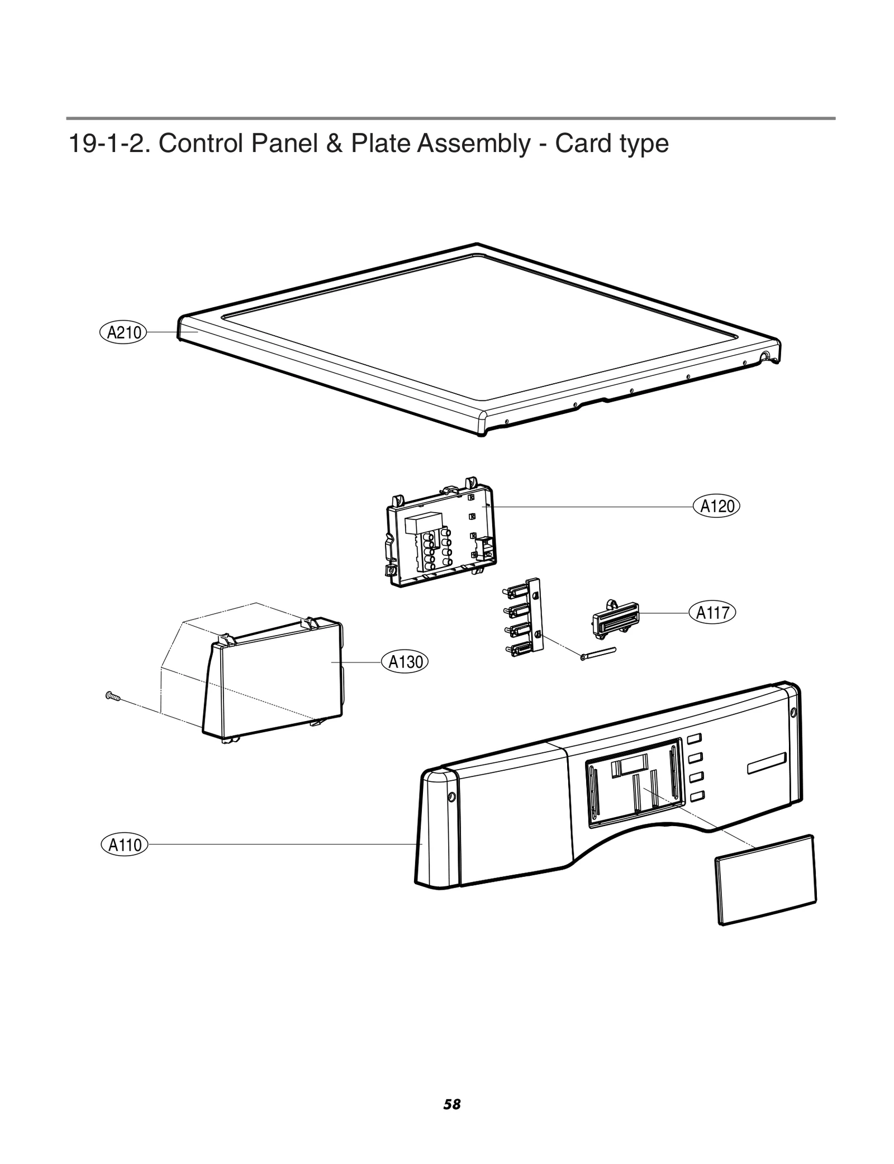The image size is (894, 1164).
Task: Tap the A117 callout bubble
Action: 713,613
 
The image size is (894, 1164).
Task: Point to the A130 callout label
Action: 405,662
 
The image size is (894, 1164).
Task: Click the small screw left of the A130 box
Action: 113,696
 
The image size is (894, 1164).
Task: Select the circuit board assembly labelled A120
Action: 441,536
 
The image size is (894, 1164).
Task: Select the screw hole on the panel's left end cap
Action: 451,797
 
